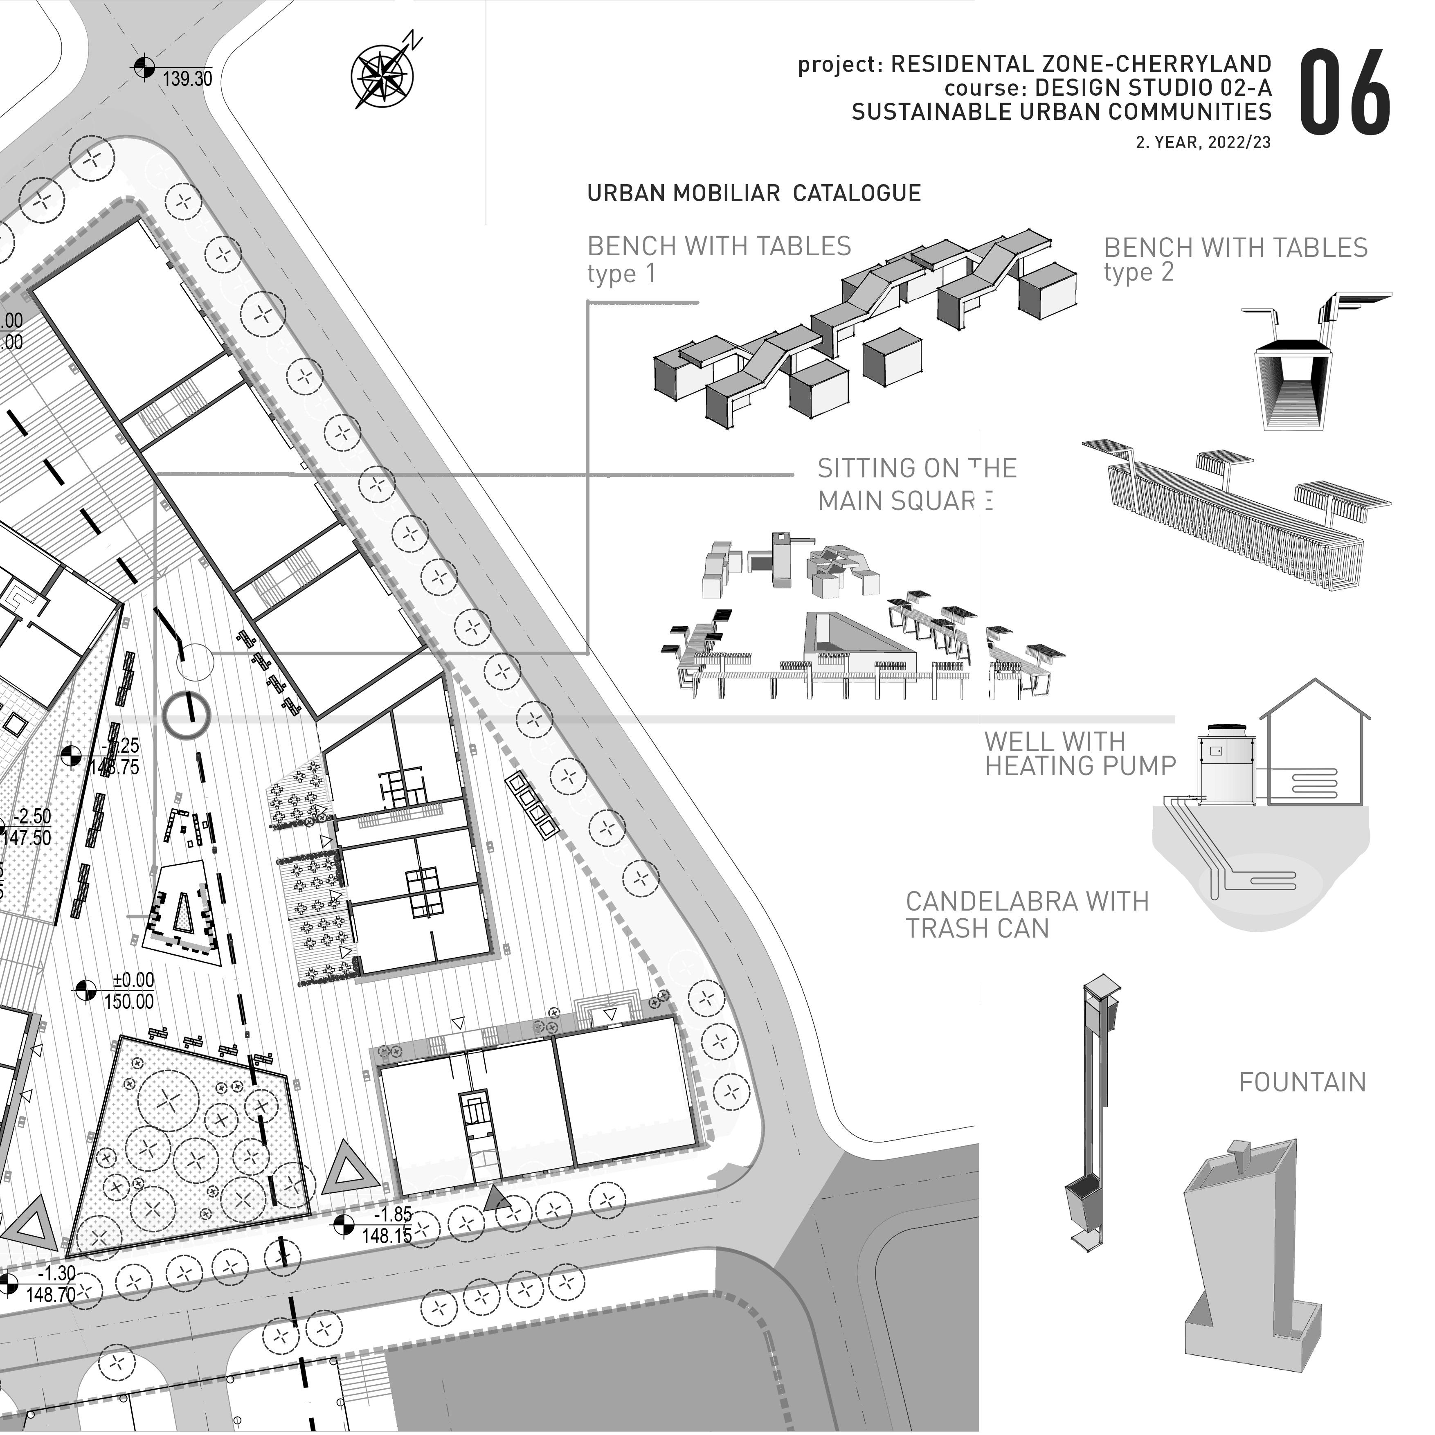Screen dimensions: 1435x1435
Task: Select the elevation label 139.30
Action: tap(187, 79)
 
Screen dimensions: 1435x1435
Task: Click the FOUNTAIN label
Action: tap(1302, 1083)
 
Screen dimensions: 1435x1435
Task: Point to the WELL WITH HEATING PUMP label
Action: tap(1079, 754)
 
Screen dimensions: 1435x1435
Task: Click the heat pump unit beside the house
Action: tap(1226, 765)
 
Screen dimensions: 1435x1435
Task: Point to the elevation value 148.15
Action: tap(386, 1236)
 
